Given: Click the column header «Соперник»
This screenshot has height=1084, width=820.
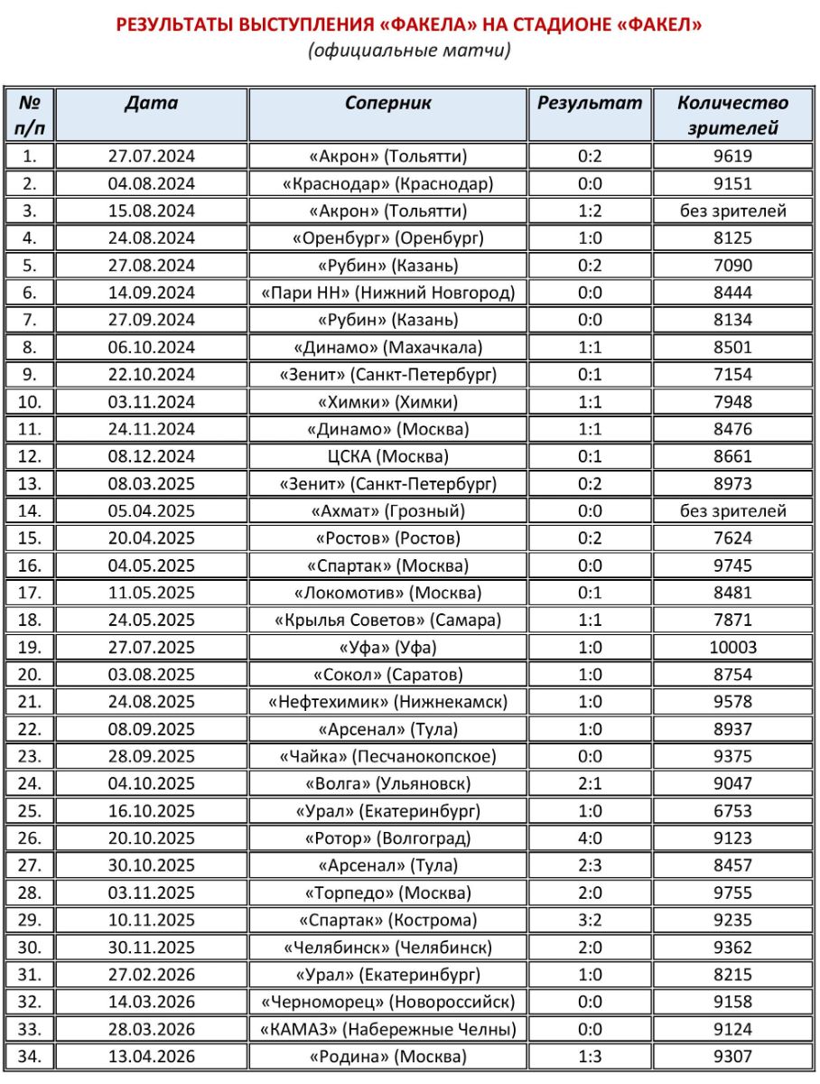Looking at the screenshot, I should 387,103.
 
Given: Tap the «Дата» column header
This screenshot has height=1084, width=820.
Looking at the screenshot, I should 151,103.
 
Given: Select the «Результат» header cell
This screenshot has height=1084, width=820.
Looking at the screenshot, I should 590,103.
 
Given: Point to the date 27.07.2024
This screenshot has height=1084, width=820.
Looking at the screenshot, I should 151,156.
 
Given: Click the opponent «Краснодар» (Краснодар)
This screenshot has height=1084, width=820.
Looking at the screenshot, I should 387,183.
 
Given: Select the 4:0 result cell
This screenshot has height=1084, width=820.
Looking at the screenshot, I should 590,837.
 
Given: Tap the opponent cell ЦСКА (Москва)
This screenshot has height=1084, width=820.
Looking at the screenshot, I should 387,456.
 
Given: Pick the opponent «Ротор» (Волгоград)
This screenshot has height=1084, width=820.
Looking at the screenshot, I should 387,837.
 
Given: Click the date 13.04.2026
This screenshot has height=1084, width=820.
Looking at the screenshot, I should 151,1056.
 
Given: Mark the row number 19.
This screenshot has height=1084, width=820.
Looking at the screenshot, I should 30,647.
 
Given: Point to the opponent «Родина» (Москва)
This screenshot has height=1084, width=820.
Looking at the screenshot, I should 387,1056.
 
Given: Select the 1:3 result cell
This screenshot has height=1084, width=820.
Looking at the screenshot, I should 590,1056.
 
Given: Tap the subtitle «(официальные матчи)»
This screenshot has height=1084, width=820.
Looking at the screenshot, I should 409,51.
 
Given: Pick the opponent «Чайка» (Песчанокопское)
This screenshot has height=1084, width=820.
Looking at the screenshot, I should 387,756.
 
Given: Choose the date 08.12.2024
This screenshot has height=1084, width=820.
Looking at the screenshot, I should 151,456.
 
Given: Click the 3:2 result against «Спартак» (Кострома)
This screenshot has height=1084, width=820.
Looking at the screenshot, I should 590,920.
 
